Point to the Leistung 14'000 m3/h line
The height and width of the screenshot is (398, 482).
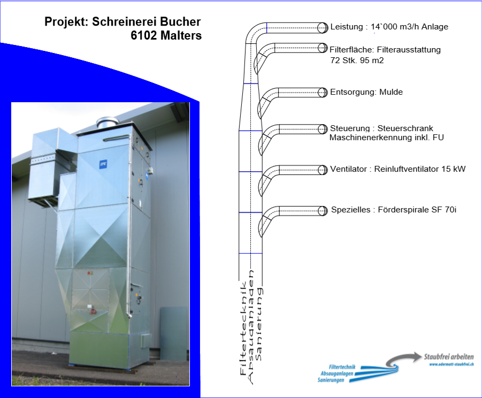tap(389, 27)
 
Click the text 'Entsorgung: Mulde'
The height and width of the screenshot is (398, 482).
tap(366, 92)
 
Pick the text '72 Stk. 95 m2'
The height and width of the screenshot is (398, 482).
tap(357, 60)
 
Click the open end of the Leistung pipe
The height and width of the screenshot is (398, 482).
tap(323, 27)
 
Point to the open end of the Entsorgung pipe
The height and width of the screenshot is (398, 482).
tap(323, 92)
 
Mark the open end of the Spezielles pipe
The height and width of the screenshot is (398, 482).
tap(323, 210)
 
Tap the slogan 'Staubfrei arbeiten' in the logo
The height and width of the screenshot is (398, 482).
tap(448, 356)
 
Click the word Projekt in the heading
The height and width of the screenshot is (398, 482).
tap(66, 22)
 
